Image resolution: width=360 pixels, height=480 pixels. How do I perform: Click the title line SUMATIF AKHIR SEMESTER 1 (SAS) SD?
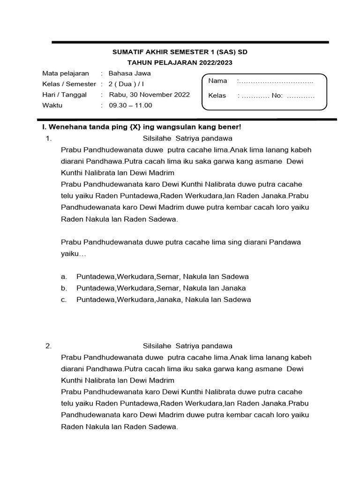point(180,52)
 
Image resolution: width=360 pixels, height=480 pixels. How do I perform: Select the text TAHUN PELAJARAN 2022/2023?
point(180,63)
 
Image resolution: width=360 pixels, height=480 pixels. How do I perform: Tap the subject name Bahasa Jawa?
point(129,74)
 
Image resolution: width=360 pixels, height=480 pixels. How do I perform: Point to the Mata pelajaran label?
point(66,74)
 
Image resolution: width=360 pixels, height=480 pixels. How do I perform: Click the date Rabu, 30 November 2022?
point(149,95)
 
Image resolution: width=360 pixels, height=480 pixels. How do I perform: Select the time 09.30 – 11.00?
point(130,105)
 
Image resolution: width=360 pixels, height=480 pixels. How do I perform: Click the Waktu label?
point(52,105)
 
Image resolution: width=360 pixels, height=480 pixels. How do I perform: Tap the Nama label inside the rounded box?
point(217,81)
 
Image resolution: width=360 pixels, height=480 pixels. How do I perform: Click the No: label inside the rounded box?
point(277,96)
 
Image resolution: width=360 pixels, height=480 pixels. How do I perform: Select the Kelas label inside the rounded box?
point(217,96)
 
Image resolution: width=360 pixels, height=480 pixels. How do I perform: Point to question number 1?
point(48,139)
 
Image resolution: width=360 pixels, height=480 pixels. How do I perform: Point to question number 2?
point(48,346)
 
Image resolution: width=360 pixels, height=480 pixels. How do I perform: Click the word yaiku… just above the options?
point(74,254)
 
